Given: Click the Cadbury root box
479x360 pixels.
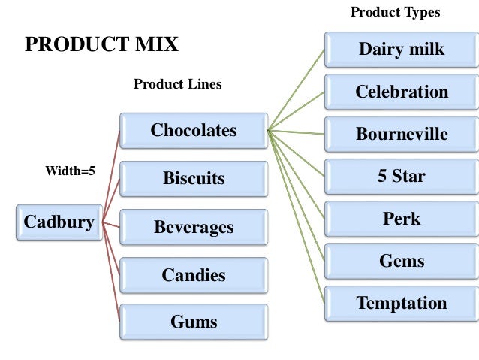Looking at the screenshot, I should click(59, 222).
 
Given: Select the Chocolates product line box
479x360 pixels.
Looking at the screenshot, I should click(193, 131).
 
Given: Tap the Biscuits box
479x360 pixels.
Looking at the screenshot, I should click(193, 179).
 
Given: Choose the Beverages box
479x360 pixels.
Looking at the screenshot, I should click(193, 227).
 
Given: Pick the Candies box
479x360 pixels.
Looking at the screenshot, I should click(193, 275).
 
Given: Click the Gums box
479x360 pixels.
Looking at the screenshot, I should click(193, 322).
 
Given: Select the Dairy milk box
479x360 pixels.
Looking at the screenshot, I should click(401, 50).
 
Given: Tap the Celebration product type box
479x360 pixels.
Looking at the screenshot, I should click(401, 92).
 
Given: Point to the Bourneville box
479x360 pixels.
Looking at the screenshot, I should click(401, 135).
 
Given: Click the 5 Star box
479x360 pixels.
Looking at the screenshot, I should click(401, 177).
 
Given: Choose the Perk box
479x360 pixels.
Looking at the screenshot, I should click(401, 219).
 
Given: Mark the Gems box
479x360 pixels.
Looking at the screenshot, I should click(401, 262).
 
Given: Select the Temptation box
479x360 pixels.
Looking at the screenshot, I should click(401, 304).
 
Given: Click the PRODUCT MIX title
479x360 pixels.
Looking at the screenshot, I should click(101, 44).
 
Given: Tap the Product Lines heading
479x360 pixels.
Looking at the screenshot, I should click(177, 84).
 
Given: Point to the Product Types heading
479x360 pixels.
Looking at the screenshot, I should click(395, 13).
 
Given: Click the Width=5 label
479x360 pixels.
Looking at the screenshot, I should click(70, 171).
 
